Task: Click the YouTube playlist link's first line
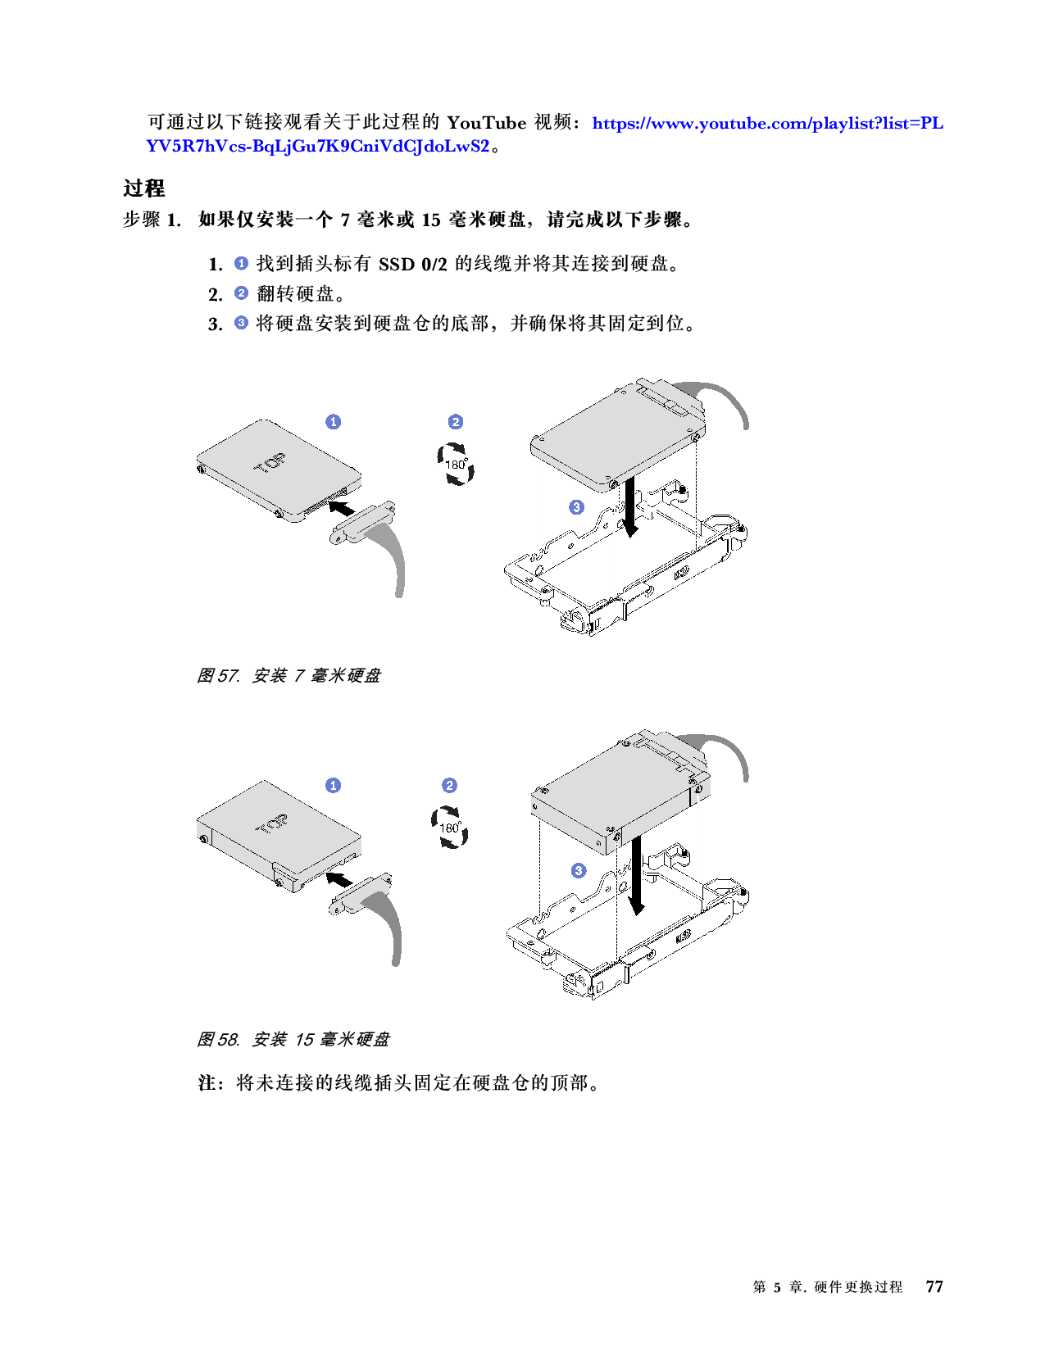click(x=767, y=124)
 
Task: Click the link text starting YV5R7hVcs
click(x=318, y=147)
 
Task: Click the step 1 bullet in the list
click(x=241, y=263)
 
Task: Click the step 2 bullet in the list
click(x=241, y=293)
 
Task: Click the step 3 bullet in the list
click(x=241, y=322)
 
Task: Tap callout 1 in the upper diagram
click(x=333, y=421)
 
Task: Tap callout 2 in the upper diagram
click(x=456, y=421)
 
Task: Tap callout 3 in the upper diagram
click(x=576, y=506)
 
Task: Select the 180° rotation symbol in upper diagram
click(x=455, y=464)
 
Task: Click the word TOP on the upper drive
click(x=270, y=464)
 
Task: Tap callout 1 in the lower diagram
click(x=333, y=785)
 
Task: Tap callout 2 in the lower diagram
click(x=449, y=785)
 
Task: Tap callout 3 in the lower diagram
click(x=579, y=870)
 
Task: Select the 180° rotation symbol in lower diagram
click(x=450, y=827)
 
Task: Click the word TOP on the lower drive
click(x=271, y=823)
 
